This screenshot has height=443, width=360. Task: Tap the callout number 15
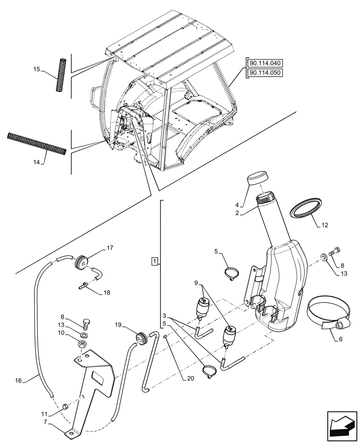tap(37, 69)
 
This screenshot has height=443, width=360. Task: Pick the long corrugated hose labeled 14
tap(36, 143)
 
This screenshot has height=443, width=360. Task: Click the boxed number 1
tap(154, 261)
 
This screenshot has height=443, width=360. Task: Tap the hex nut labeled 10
tap(82, 343)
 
